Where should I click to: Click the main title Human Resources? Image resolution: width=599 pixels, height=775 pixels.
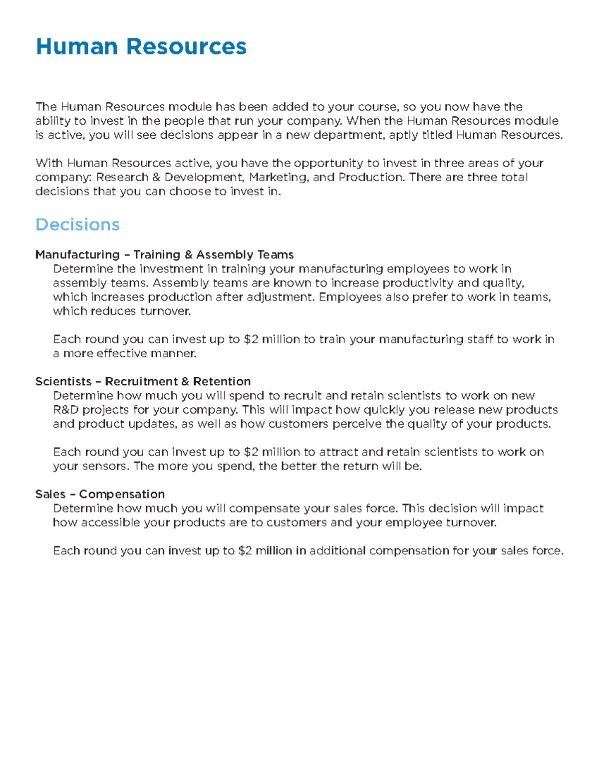[x=141, y=47]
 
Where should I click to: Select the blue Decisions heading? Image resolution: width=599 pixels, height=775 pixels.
[x=77, y=225]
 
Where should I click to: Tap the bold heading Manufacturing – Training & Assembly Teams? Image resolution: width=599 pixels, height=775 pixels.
[x=164, y=255]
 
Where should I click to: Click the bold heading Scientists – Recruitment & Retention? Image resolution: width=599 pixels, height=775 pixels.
[x=143, y=381]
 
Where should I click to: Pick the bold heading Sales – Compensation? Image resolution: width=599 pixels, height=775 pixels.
[x=100, y=494]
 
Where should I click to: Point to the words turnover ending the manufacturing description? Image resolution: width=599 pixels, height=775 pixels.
[x=165, y=311]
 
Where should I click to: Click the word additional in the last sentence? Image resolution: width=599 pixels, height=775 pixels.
[x=337, y=551]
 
